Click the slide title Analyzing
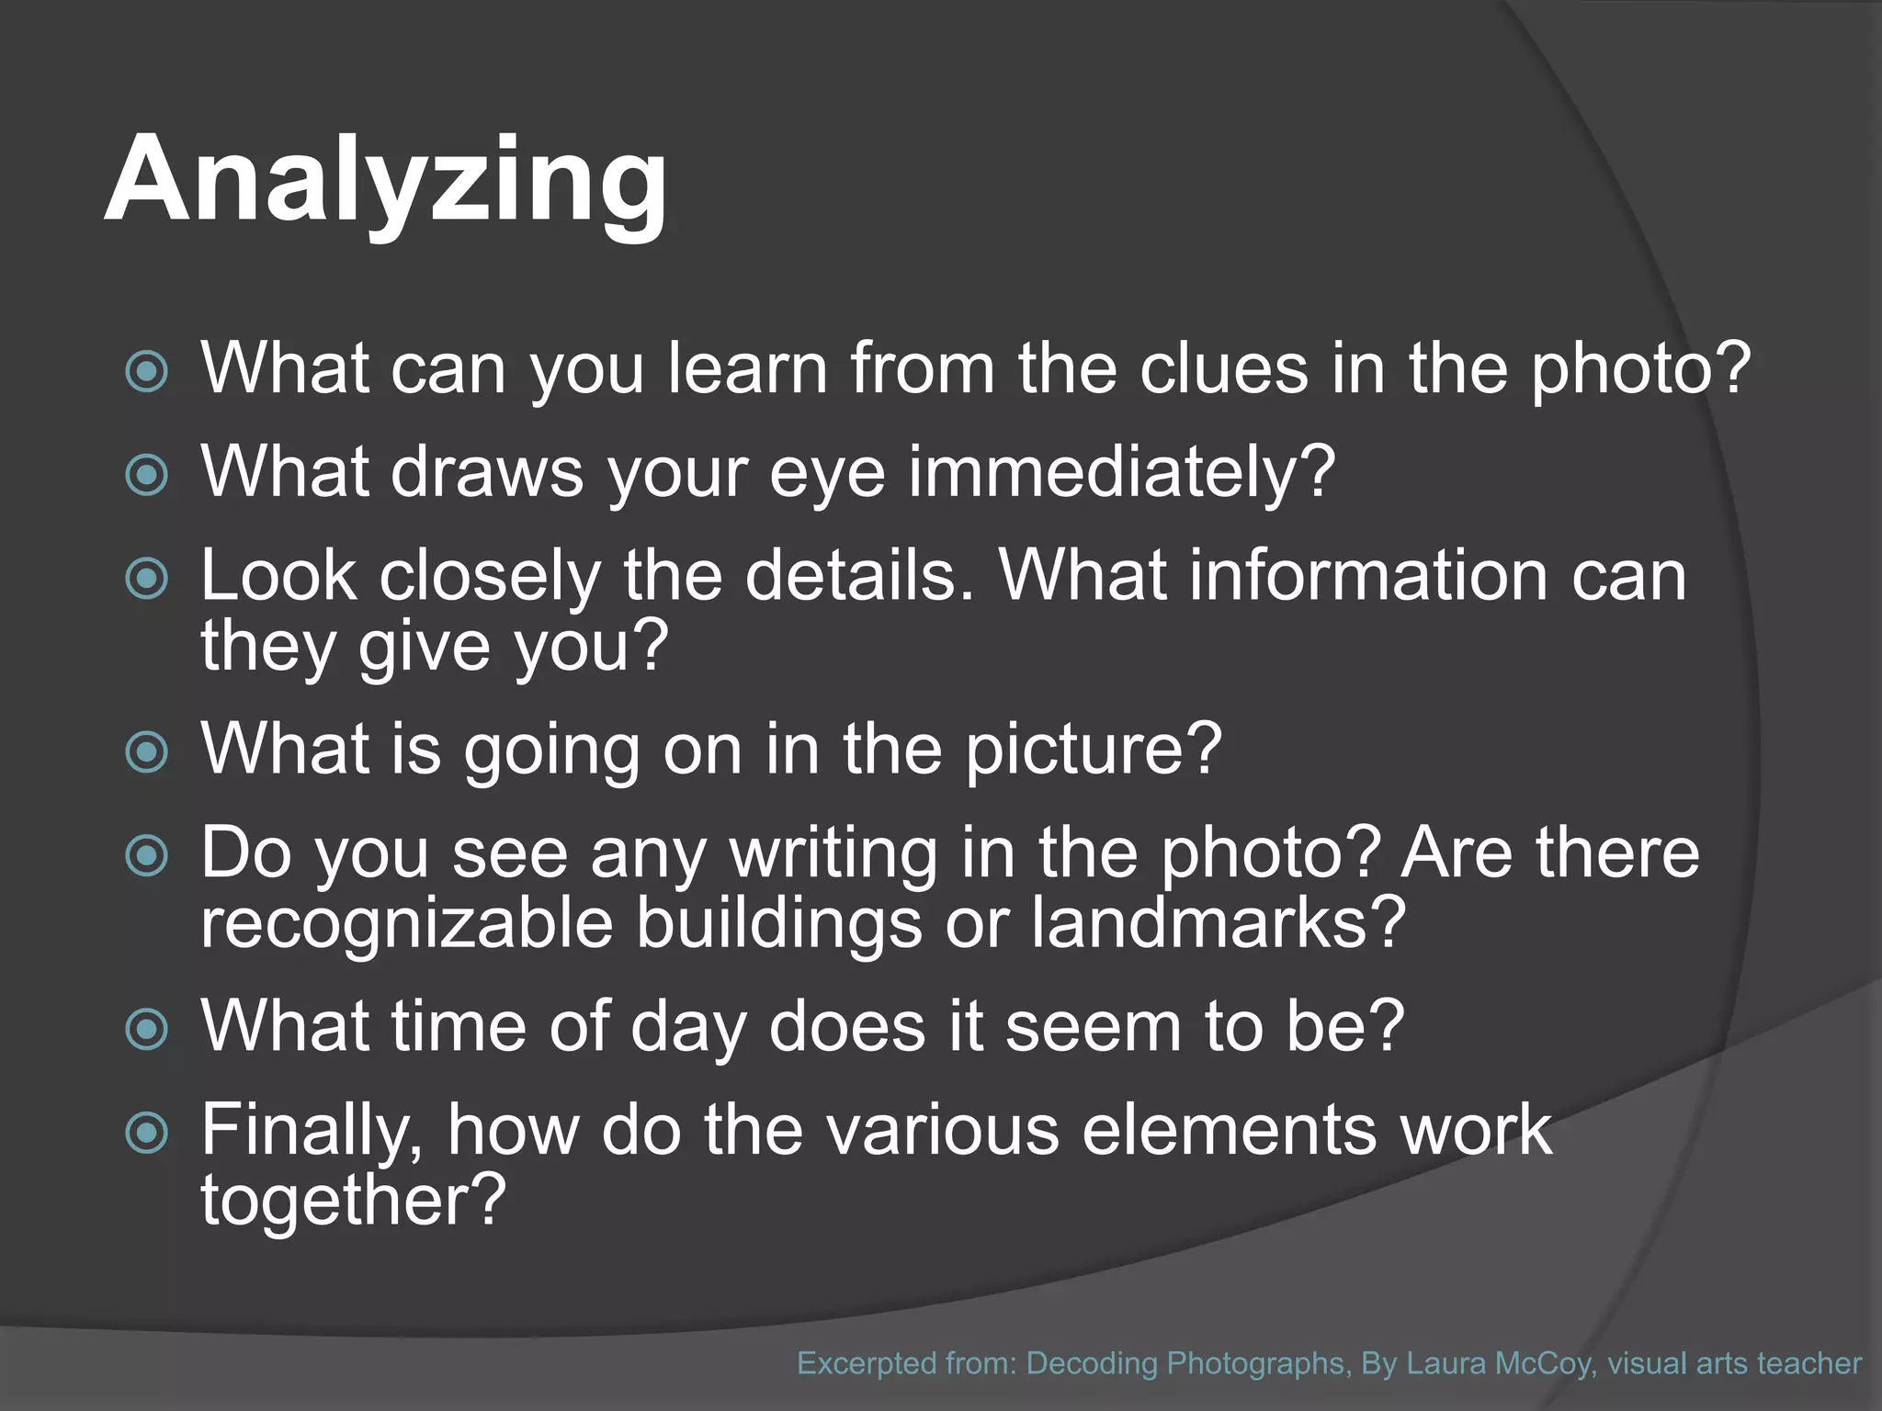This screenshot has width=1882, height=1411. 386,180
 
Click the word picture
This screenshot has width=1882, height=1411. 1094,749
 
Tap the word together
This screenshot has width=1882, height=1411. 354,1199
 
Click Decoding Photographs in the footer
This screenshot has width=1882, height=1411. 1185,1363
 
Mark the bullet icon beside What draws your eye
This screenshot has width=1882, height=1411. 147,475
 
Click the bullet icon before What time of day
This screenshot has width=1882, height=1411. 147,1029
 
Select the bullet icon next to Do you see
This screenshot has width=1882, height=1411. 147,856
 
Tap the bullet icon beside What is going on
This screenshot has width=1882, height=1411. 147,752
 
